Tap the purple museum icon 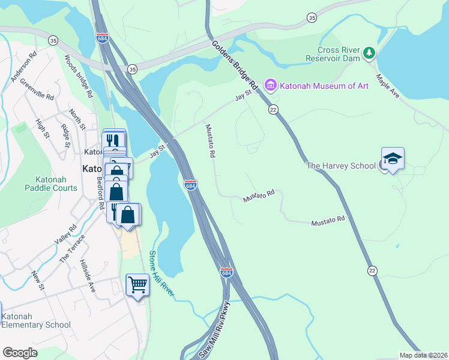point(270,85)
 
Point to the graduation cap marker point(393,159)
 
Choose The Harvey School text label point(341,166)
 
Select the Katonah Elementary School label point(35,320)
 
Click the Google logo point(20,353)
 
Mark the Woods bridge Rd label point(79,76)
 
